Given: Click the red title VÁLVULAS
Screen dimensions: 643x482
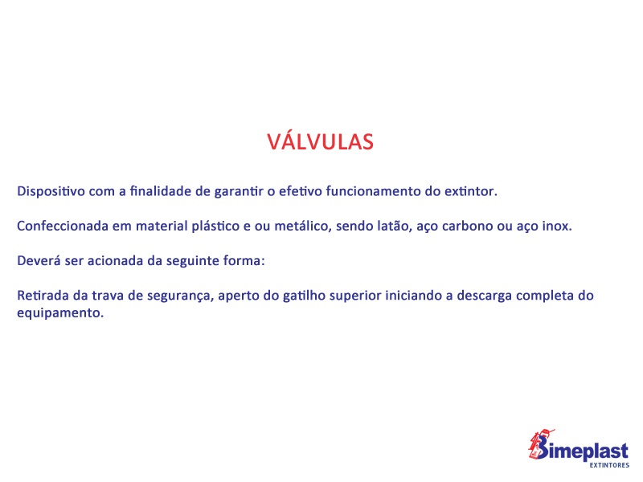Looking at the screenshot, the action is coord(320,141).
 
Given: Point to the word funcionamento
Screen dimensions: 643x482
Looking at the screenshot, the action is coord(373,191).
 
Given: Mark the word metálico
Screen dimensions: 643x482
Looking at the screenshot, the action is coord(303,226).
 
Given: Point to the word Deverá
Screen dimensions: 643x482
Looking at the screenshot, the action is coord(39,260).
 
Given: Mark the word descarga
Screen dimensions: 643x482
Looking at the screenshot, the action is coord(485,296).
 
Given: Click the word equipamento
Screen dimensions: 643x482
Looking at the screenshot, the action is coord(60,313).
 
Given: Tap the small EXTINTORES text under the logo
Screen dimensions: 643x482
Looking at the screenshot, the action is coord(609,465).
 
